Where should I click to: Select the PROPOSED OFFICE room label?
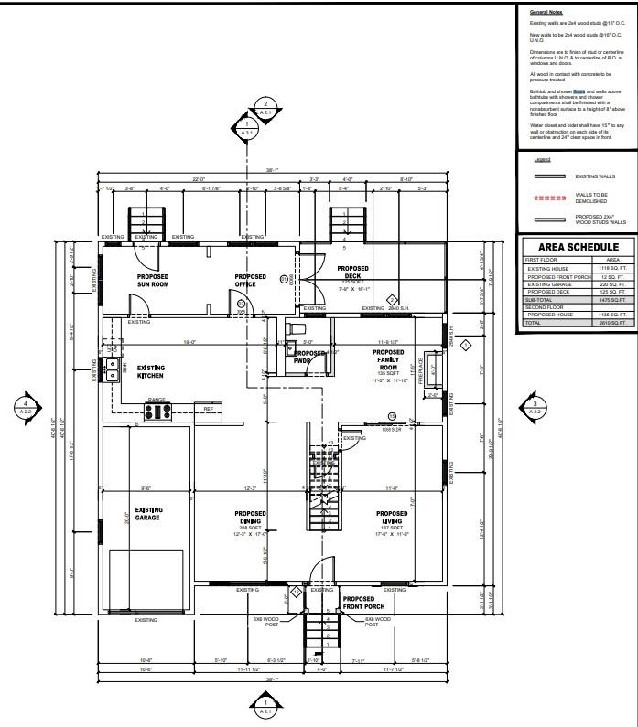(250, 279)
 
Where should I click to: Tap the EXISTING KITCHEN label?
(150, 371)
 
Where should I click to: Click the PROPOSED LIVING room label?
(392, 518)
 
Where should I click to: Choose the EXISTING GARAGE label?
(150, 514)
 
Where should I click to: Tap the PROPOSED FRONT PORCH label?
(365, 603)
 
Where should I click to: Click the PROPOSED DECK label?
(353, 273)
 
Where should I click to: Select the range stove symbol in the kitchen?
(157, 411)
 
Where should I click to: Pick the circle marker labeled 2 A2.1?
(265, 108)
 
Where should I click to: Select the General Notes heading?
(546, 13)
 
